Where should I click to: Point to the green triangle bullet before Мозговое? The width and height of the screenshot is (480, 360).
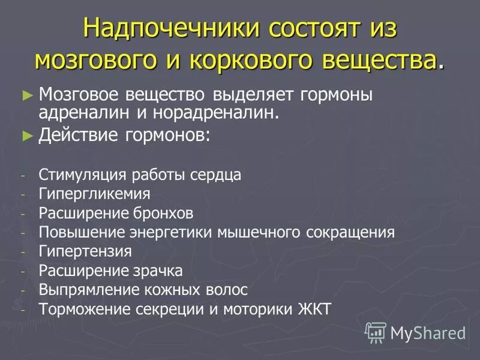click(25, 95)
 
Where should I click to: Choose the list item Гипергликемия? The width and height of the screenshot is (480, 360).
click(94, 194)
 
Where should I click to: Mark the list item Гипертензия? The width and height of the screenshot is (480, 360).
click(85, 251)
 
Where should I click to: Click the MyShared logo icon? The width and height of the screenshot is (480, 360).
click(376, 332)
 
